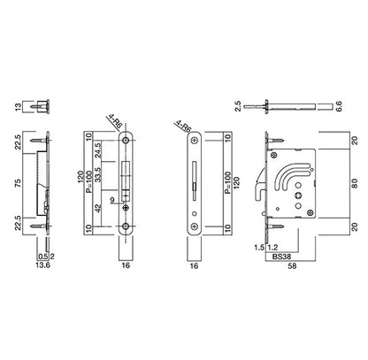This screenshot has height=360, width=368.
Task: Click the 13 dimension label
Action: coord(19,106)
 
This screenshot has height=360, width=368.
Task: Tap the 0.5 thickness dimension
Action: coord(43,257)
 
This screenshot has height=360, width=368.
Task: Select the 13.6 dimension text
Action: coord(43,265)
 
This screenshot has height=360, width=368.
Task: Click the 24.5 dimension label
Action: coord(98,149)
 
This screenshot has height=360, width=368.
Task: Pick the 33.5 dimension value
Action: coord(98,174)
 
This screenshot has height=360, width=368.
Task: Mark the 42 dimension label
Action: coord(98,208)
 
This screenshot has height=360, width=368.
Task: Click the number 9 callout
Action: coord(112,200)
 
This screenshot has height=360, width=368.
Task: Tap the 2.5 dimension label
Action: coord(238,106)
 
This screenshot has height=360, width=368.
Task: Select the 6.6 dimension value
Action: coord(339,106)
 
